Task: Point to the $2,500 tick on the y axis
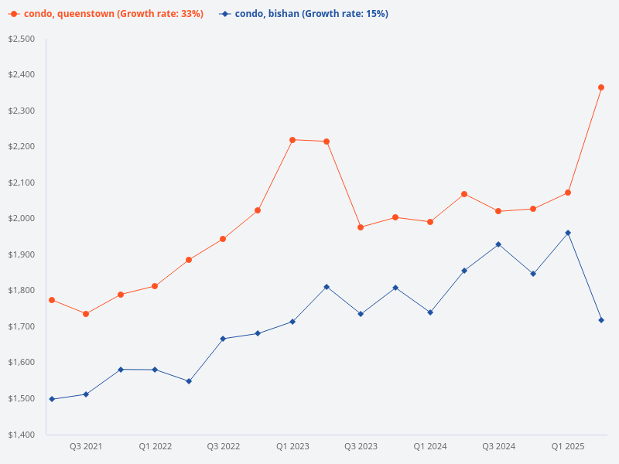(22, 39)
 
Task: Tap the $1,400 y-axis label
(22, 435)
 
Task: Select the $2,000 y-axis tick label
(22, 218)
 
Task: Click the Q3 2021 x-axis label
(86, 446)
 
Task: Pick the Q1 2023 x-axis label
(292, 446)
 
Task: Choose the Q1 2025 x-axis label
(568, 446)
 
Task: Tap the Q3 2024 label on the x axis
(498, 446)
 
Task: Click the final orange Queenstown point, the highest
(601, 87)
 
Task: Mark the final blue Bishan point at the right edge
(601, 320)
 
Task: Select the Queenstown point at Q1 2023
(292, 140)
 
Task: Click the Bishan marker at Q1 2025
(568, 233)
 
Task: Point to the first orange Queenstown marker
(52, 300)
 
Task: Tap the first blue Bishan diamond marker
(52, 399)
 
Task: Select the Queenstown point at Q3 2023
(361, 227)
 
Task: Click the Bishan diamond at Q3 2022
(223, 339)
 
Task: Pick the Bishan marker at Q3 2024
(498, 244)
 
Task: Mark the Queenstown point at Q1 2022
(155, 286)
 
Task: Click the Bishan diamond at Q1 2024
(430, 312)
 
